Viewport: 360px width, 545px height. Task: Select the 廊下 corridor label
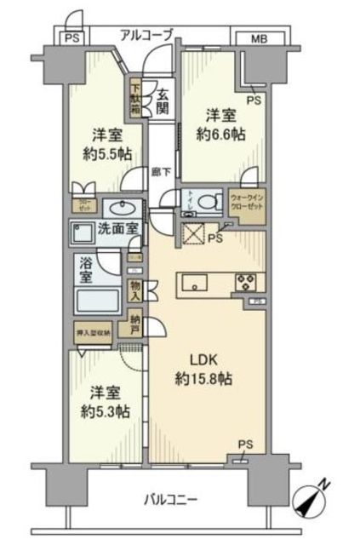click(x=158, y=171)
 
